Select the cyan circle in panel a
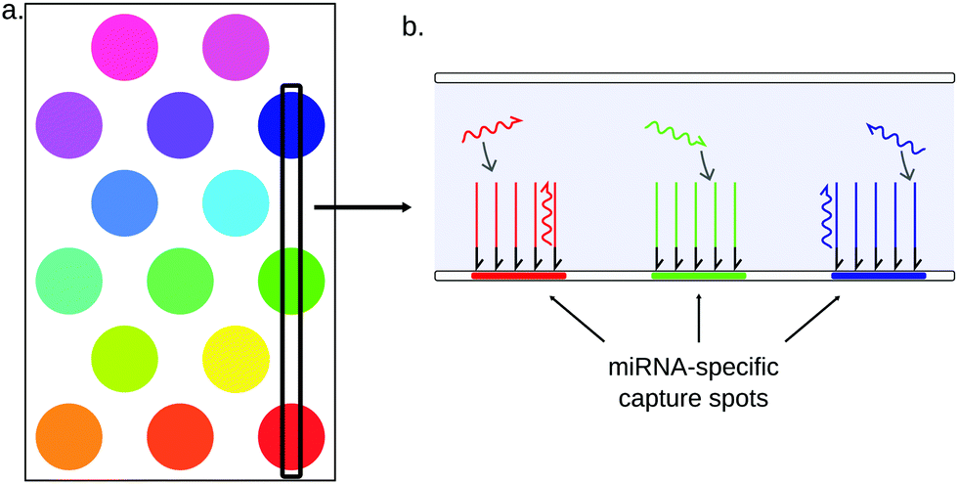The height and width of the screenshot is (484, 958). coord(236,202)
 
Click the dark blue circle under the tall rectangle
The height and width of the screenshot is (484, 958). coord(290,124)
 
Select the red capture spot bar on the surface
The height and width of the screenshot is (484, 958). coord(518,277)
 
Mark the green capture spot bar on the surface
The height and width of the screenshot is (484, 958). coord(698,277)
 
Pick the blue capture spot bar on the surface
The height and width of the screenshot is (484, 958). coord(878,277)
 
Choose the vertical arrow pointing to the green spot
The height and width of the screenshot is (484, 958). coord(699,323)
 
